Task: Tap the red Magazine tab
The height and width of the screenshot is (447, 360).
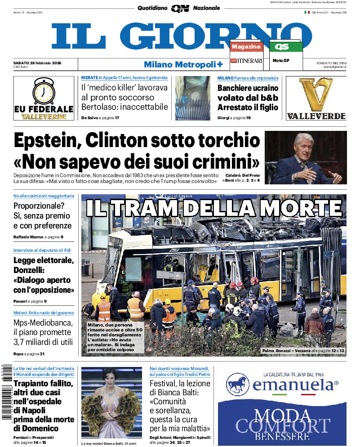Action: pos(246,47)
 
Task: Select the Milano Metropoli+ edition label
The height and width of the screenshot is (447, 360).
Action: pos(183,64)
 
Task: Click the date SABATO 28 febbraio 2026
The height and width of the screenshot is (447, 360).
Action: pos(37,63)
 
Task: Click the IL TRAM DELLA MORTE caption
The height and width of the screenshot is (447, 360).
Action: pos(213,209)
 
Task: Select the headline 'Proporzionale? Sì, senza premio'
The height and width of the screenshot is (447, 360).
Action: pos(42,216)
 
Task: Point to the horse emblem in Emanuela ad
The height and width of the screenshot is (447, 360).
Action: pos(238,384)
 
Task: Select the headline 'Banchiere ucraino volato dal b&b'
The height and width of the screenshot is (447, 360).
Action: pos(248,98)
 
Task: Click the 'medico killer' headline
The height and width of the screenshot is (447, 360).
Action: pos(124,98)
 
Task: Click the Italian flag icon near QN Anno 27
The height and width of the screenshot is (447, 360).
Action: pos(307,12)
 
